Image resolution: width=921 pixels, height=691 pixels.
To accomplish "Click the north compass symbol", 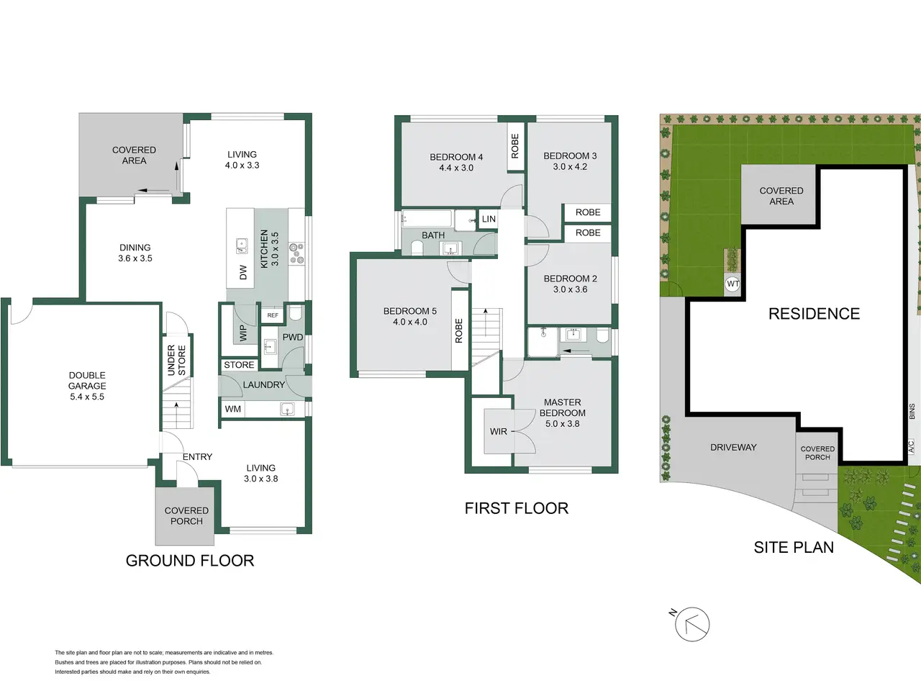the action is (691, 624).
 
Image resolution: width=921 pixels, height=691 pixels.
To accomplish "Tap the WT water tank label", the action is (732, 284).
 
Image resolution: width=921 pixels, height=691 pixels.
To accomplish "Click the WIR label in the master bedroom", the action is (499, 431).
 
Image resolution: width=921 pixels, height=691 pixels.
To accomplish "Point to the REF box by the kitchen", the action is (273, 315).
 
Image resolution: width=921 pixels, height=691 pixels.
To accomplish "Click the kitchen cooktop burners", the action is (296, 254).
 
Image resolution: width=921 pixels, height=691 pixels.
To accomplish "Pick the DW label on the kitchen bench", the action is (243, 273).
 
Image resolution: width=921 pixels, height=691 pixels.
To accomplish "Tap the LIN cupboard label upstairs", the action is (489, 219).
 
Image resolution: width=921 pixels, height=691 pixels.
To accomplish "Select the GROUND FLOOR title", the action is (190, 561).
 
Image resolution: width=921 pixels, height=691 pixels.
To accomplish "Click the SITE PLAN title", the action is (794, 548).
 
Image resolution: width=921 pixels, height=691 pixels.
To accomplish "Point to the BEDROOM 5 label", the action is (410, 311).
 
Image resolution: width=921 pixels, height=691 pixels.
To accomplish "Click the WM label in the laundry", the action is (233, 409).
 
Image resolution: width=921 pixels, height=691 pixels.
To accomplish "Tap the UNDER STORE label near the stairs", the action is (176, 360).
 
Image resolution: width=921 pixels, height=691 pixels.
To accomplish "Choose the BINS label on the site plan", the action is (912, 411).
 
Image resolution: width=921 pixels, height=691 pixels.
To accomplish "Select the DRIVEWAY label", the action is (733, 448).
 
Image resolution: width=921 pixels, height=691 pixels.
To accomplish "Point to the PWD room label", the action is (292, 338).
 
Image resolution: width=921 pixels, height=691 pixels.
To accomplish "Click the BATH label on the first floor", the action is (433, 235).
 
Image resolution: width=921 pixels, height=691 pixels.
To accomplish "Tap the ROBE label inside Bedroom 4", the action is (515, 146).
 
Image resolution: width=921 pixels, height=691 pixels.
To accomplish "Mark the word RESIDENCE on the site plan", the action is (814, 314).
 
